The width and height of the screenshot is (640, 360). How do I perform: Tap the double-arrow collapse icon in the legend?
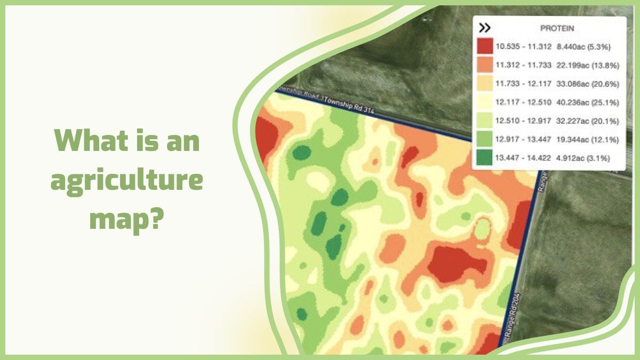(x=484, y=28)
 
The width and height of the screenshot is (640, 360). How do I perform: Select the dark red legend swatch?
(x=485, y=46)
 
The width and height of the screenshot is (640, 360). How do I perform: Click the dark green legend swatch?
(x=485, y=158)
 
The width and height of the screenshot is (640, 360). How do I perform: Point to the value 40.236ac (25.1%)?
(x=587, y=102)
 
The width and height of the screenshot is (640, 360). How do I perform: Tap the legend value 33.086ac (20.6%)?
(x=587, y=84)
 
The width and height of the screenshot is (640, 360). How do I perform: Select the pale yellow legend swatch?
(x=485, y=102)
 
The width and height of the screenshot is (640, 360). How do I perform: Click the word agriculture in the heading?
(x=127, y=181)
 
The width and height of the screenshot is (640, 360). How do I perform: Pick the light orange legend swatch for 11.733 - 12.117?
(x=485, y=84)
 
